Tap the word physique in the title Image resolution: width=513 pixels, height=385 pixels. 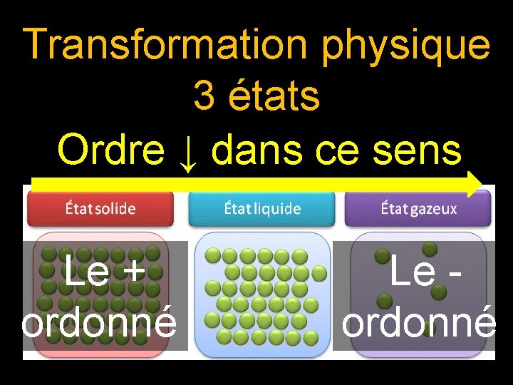click(406, 46)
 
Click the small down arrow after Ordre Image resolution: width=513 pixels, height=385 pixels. click(188, 153)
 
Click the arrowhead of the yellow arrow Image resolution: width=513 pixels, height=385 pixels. click(475, 183)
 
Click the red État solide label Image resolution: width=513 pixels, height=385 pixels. click(100, 209)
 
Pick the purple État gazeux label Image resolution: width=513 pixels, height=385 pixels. click(418, 209)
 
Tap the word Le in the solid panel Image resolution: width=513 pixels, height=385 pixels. click(84, 272)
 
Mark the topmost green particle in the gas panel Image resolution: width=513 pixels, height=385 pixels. click(429, 247)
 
